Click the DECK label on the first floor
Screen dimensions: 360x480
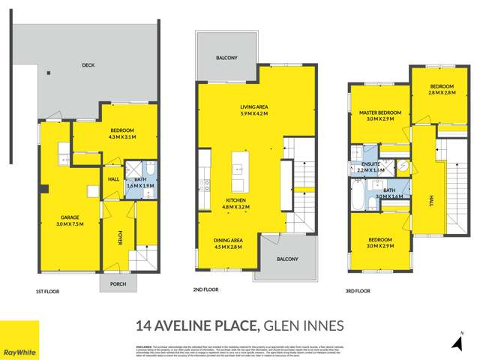pyautogui.click(x=88, y=65)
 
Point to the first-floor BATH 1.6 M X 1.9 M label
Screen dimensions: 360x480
pyautogui.click(x=139, y=182)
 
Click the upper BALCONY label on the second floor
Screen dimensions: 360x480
pyautogui.click(x=226, y=58)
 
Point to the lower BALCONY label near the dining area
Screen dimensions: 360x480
pyautogui.click(x=286, y=259)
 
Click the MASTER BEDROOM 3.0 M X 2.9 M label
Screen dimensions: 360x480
pyautogui.click(x=379, y=115)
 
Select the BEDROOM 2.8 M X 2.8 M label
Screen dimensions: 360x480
pyautogui.click(x=432, y=91)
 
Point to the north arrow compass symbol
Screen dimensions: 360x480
pyautogui.click(x=456, y=342)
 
